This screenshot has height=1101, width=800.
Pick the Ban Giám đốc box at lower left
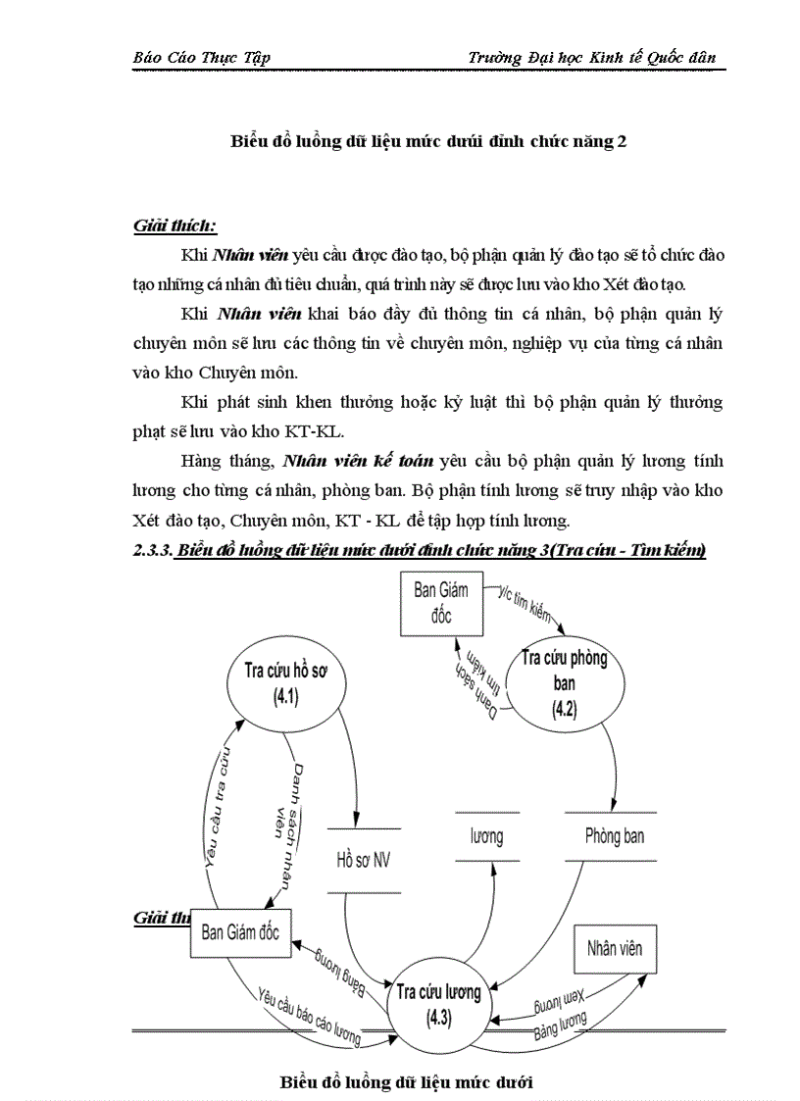[x=240, y=931]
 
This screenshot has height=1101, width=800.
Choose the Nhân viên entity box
[x=615, y=948]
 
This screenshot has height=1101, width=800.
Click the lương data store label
[x=485, y=836]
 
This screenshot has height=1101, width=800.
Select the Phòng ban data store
[x=615, y=836]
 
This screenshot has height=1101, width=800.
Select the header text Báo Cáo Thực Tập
[x=201, y=57]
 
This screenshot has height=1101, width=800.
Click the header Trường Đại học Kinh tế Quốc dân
[x=592, y=57]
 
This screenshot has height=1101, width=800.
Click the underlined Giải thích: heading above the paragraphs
[x=175, y=227]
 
